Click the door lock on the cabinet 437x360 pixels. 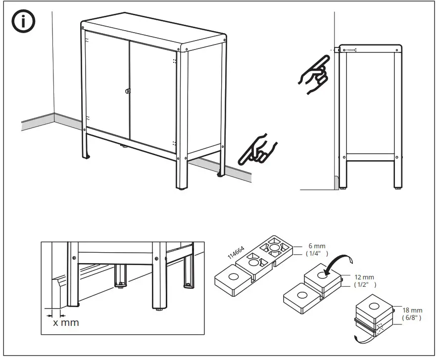coord(128,91)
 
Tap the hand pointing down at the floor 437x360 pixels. coord(258,148)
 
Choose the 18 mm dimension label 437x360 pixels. coord(412,309)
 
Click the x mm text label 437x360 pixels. coord(66,322)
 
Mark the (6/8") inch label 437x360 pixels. coord(412,317)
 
